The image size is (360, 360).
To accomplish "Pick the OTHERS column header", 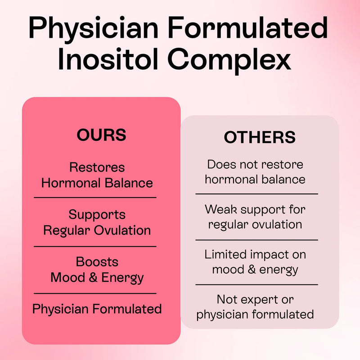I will pyautogui.click(x=260, y=138).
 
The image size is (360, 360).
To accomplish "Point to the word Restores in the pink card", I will pyautogui.click(x=97, y=167).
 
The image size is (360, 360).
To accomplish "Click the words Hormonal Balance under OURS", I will pyautogui.click(x=97, y=183).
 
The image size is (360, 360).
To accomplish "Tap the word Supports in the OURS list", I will pyautogui.click(x=97, y=214).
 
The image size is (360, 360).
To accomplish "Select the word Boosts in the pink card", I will pyautogui.click(x=97, y=261).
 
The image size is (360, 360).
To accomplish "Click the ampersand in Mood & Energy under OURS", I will pyautogui.click(x=93, y=277).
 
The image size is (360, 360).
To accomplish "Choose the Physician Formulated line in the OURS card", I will pyautogui.click(x=97, y=309).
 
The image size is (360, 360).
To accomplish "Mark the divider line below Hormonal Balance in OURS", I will pyautogui.click(x=95, y=197).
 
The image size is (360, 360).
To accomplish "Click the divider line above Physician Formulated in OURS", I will pyautogui.click(x=95, y=293).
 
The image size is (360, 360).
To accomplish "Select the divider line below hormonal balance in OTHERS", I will pyautogui.click(x=256, y=194).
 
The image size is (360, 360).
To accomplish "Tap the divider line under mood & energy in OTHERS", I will pyautogui.click(x=256, y=284).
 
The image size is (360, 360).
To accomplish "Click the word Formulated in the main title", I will pyautogui.click(x=252, y=28).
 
